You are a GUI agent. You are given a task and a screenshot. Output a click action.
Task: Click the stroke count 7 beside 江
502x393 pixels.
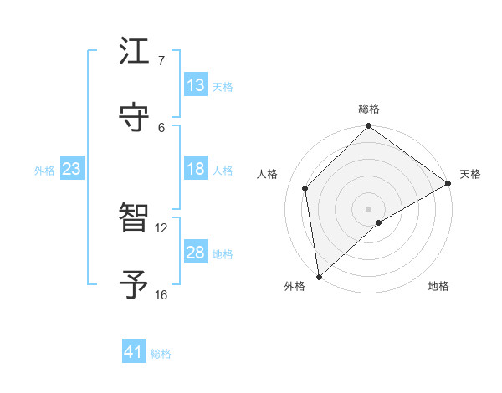[161, 61]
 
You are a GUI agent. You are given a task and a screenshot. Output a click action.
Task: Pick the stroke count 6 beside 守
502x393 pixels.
[161, 127]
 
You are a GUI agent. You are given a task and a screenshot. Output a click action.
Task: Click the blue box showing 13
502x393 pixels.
[196, 85]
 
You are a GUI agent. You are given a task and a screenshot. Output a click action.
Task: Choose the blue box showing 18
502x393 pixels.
[196, 169]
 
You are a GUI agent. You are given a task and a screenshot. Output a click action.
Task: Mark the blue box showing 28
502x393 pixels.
[196, 253]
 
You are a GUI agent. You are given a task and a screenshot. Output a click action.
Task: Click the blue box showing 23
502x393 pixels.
[71, 169]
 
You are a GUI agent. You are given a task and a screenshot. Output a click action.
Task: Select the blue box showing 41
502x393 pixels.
[134, 352]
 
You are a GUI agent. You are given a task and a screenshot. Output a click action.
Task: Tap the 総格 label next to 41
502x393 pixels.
[161, 354]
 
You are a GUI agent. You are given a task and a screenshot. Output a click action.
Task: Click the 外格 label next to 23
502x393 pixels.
[44, 171]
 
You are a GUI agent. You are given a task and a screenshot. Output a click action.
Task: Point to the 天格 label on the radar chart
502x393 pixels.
[470, 174]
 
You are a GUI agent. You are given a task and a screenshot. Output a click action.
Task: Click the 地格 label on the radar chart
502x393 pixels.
[438, 287]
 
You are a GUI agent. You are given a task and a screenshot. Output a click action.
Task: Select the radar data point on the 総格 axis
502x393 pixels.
[369, 127]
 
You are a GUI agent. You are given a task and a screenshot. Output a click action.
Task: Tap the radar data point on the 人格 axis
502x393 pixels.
[305, 188]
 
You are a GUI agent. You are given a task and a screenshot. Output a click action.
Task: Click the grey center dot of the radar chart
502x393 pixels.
[369, 208]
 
